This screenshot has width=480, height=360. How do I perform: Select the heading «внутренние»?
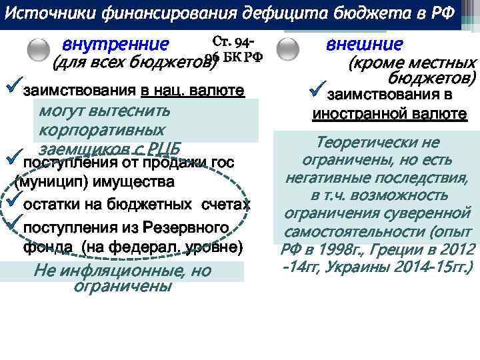pyautogui.click(x=115, y=45)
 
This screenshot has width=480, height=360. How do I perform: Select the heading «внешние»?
pyautogui.click(x=365, y=44)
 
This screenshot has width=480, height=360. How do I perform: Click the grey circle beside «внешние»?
pyautogui.click(x=287, y=49)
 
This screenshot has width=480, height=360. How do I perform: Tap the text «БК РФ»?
pyautogui.click(x=238, y=57)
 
